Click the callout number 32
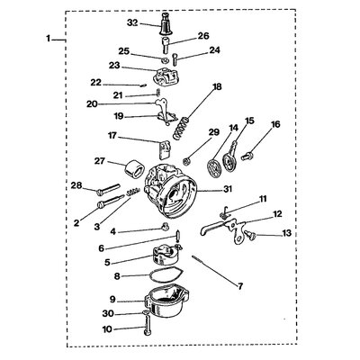coord(133,22)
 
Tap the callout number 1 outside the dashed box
coord(49,39)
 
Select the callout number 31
coord(228,189)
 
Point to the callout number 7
coord(239,286)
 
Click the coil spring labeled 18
coord(181,129)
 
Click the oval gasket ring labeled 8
coord(166,274)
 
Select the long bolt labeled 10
coord(147,327)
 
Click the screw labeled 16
coord(247,156)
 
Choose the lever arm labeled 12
coord(223,230)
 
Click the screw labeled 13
coord(251,235)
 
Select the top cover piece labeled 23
coord(165,76)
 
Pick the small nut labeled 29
coord(186,162)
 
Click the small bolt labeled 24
coord(175,58)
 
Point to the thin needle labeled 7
coord(200,261)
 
